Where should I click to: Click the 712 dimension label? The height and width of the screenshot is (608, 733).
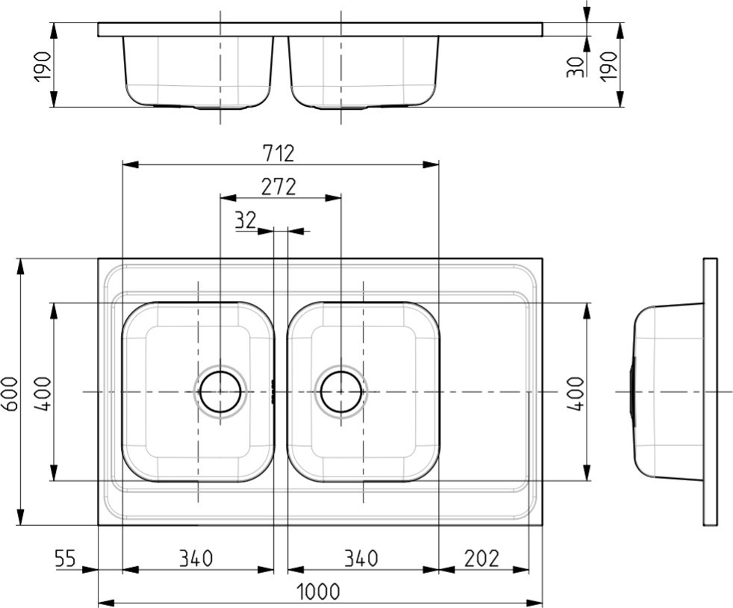point(278,153)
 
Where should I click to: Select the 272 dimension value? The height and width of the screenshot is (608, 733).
point(278,187)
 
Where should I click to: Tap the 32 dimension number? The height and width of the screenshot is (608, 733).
point(246,220)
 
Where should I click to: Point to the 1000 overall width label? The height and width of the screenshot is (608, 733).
point(318,592)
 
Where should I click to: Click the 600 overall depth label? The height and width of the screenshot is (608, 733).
point(10,394)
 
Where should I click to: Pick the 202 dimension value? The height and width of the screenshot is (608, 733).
point(482,558)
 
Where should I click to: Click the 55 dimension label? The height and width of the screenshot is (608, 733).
point(65,558)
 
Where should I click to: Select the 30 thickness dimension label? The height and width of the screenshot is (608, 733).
point(576,67)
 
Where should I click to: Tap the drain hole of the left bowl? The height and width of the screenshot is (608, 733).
point(220,392)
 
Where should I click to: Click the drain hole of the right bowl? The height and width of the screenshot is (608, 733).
point(341,392)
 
